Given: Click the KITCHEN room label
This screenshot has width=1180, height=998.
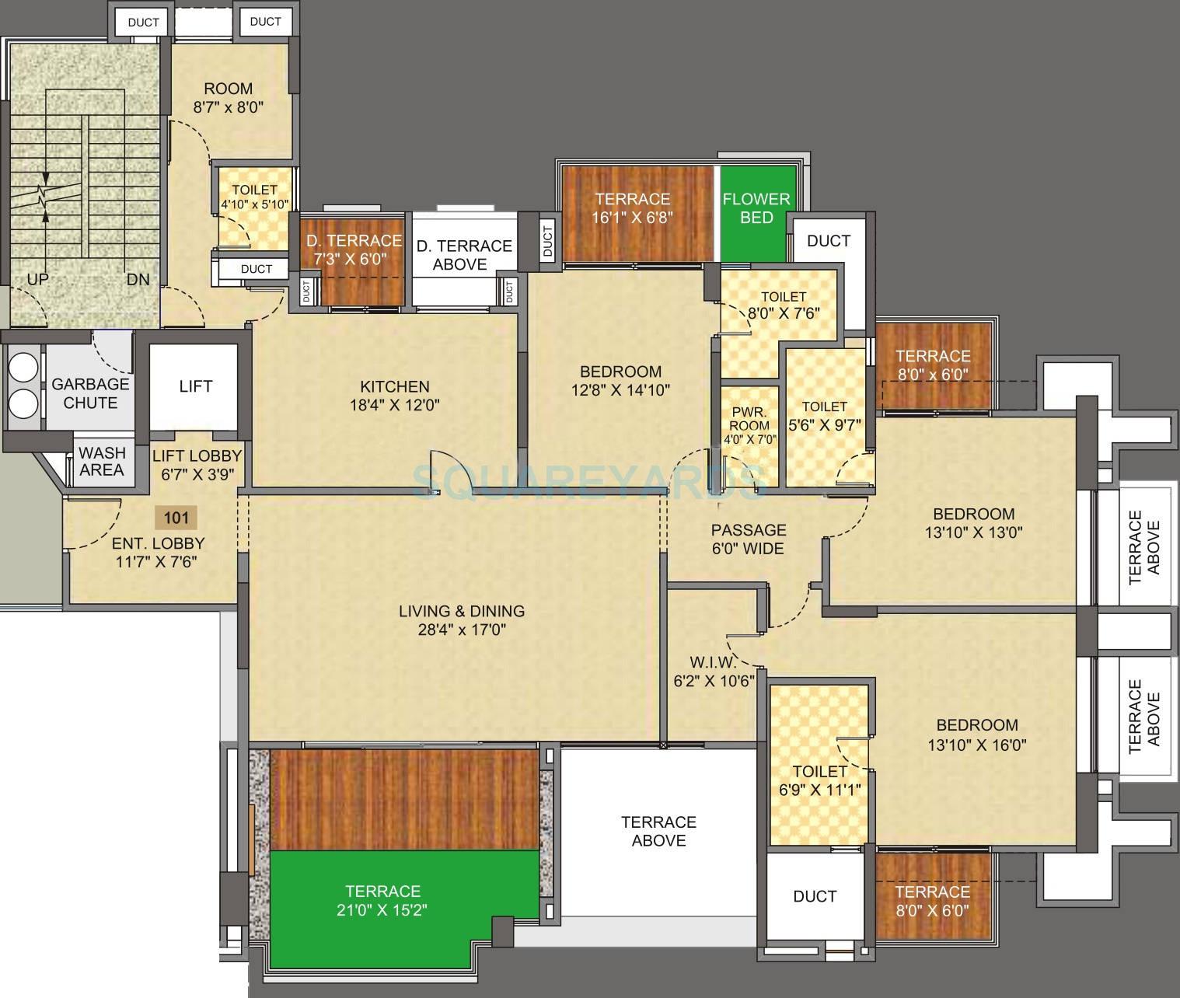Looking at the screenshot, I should click(394, 386).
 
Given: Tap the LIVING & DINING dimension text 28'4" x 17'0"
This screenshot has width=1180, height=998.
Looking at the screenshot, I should click(462, 630).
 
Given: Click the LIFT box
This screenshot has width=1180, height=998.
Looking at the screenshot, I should click(194, 386).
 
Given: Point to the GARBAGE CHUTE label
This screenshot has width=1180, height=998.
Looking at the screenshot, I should click(90, 393).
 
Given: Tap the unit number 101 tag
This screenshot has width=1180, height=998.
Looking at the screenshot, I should click(176, 517).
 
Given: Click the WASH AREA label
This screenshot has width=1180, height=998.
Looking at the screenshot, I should click(102, 462).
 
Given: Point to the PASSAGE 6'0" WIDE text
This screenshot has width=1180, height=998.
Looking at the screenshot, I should click(748, 539).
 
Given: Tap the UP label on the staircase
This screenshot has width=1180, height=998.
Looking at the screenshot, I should click(37, 279).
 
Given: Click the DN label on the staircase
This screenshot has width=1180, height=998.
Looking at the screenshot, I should click(138, 279).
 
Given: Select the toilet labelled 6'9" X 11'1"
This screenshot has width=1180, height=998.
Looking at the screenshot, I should click(819, 780).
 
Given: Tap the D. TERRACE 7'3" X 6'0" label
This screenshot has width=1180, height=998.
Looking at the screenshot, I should click(354, 249).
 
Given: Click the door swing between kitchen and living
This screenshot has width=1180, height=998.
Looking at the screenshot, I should click(446, 469).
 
